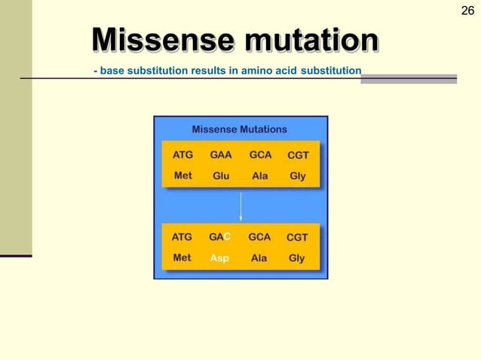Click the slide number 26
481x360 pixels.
(x=467, y=10)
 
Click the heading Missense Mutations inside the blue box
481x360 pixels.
(x=240, y=130)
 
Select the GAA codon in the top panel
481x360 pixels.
(x=221, y=155)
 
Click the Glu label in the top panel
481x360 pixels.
(x=221, y=176)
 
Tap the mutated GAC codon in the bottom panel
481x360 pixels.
(x=219, y=237)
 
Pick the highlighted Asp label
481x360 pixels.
(x=219, y=258)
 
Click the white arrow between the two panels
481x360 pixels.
(x=240, y=206)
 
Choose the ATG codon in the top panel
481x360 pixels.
(x=183, y=155)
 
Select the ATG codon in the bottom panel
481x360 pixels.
(x=182, y=237)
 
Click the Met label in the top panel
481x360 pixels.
(x=183, y=175)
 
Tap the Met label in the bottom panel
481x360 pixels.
(x=182, y=258)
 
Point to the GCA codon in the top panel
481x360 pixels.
(x=260, y=155)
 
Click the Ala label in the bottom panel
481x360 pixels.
(x=259, y=258)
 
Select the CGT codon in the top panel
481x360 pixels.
(x=298, y=156)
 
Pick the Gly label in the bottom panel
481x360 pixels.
(x=297, y=258)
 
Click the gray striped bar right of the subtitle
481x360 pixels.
(x=409, y=78)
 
